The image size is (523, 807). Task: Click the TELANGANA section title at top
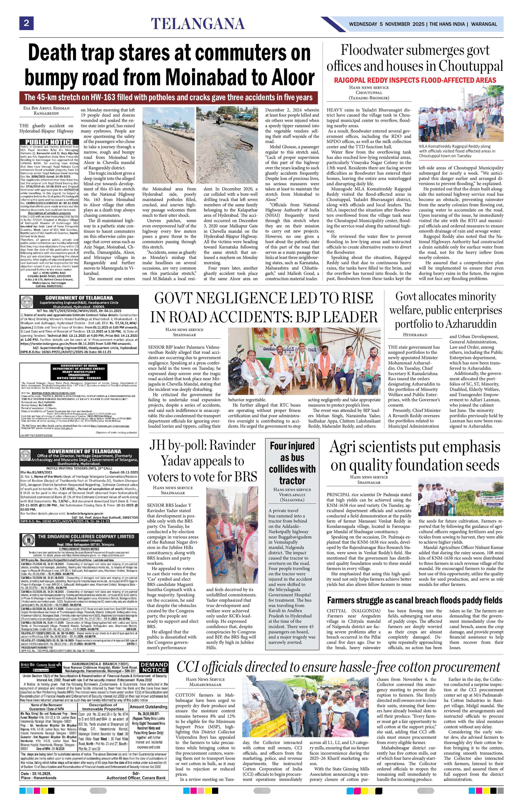[x=198, y=24]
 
